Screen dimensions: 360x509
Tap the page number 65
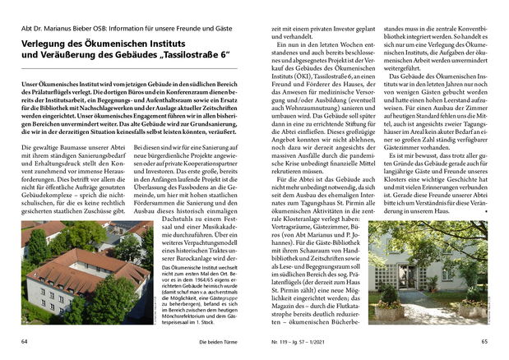(x=485, y=341)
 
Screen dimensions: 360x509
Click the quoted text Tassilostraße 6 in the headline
(x=191, y=55)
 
